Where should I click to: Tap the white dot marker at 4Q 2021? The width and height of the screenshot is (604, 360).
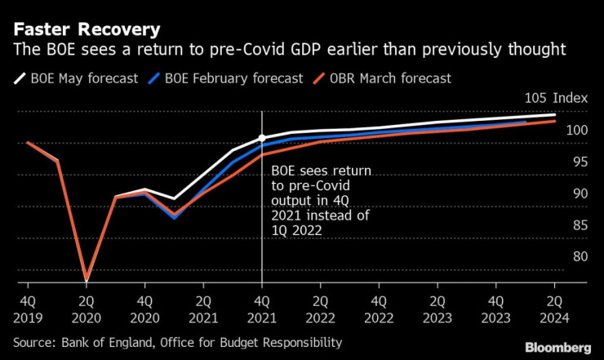coord(262,138)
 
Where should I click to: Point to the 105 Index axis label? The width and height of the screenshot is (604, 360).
coord(555,97)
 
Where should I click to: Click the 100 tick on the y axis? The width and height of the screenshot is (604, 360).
coord(576,130)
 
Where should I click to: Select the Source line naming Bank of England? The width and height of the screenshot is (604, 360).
coord(176,343)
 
